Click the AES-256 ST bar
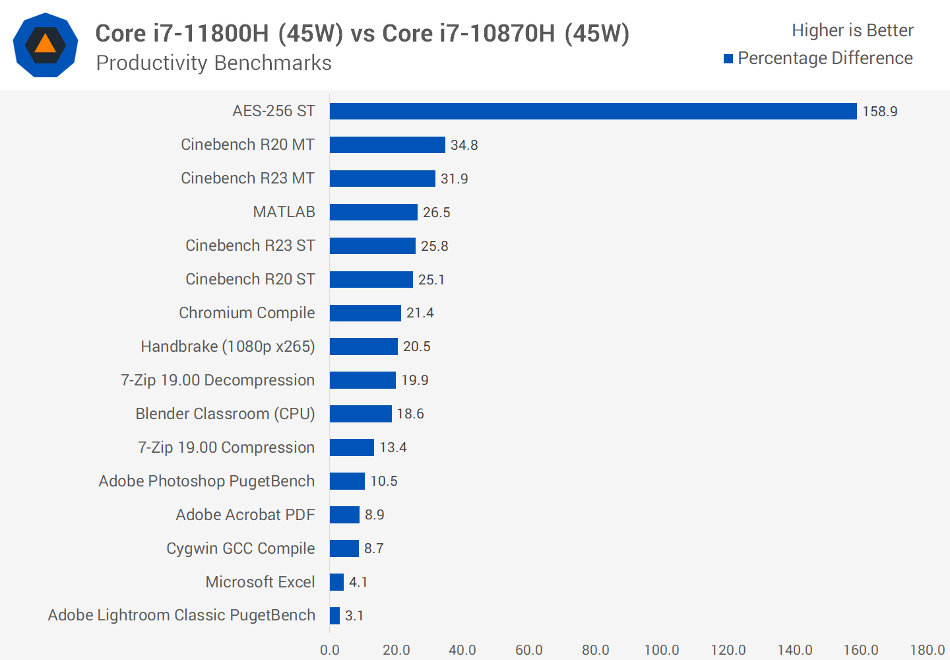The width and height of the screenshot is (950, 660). (593, 111)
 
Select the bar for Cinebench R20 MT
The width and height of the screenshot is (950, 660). (387, 145)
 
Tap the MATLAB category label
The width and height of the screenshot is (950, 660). (284, 212)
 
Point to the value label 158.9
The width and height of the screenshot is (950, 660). (879, 112)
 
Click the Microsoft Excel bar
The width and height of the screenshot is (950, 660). (336, 582)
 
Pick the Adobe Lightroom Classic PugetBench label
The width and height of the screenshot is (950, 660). (181, 615)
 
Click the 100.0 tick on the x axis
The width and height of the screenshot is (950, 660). (662, 650)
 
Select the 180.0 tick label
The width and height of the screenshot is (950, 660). (927, 650)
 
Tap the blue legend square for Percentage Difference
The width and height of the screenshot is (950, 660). (728, 59)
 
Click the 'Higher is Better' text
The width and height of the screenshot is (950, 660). (852, 30)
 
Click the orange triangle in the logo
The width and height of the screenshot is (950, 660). (45, 44)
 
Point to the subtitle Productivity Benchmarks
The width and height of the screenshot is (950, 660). (214, 63)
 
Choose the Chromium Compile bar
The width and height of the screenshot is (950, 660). (365, 313)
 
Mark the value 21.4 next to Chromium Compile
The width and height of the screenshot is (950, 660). (420, 313)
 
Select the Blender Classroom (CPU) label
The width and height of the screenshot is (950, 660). (225, 414)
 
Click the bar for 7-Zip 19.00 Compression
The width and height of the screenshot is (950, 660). (352, 447)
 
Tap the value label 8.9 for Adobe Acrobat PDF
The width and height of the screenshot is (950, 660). (374, 515)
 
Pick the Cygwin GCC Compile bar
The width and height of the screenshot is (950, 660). (344, 548)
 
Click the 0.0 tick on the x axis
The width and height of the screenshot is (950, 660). (330, 650)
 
